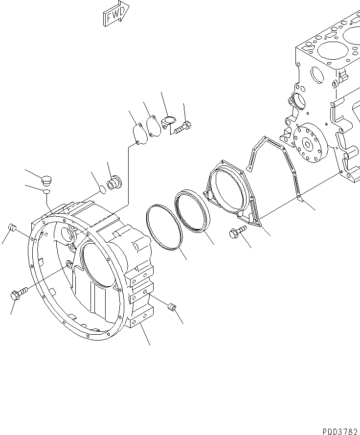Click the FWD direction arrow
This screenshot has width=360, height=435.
coord(116,13)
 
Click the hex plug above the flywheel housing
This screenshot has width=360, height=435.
coord(47,179)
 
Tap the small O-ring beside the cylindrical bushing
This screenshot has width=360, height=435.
coord(100,189)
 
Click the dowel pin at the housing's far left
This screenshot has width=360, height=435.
coord(13,229)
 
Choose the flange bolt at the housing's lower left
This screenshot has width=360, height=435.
coord(18,294)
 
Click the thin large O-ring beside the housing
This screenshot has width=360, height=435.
coord(164,228)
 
